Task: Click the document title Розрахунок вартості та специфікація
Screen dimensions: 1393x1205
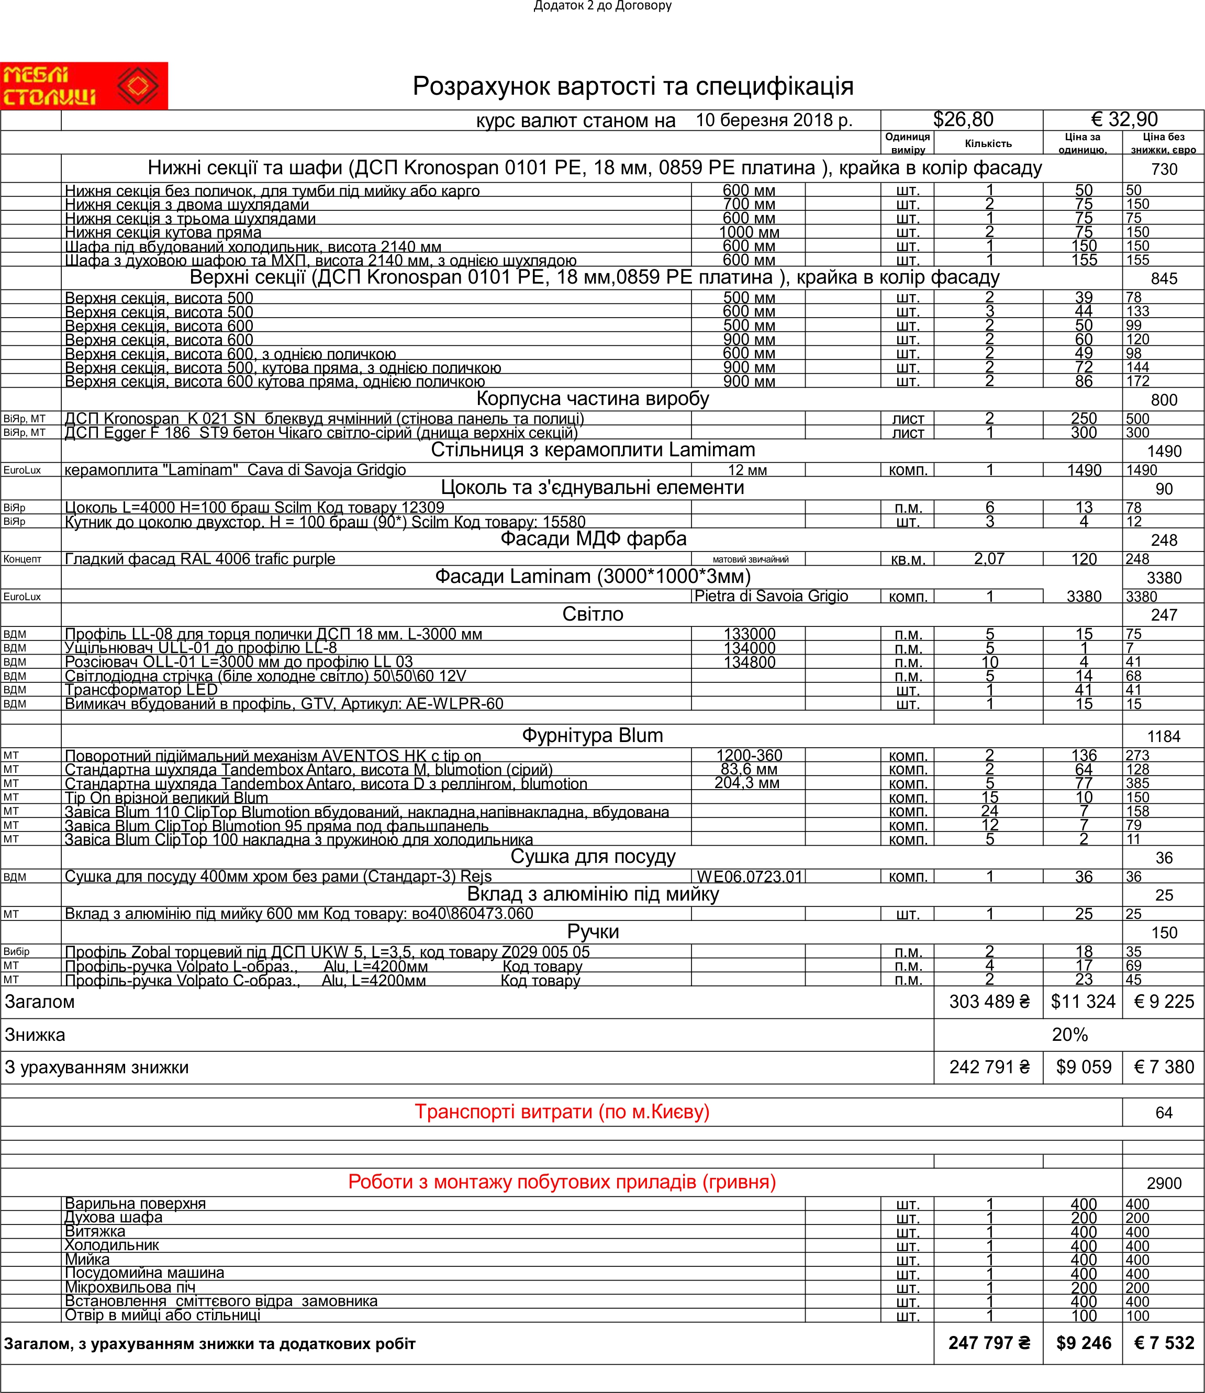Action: click(x=633, y=86)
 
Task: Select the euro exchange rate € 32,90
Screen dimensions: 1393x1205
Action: click(x=1124, y=120)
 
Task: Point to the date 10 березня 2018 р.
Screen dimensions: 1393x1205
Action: click(x=773, y=120)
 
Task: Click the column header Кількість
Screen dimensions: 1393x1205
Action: click(x=988, y=143)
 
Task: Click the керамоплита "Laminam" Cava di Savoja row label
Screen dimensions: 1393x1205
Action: click(x=236, y=470)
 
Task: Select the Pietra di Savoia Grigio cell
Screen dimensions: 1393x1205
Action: click(x=771, y=597)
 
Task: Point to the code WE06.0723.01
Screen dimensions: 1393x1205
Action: click(x=749, y=877)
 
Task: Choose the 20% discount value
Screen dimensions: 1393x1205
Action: click(x=1069, y=1035)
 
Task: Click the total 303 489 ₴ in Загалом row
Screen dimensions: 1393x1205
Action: click(x=988, y=1002)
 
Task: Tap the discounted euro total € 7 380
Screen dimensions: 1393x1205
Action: click(x=1163, y=1067)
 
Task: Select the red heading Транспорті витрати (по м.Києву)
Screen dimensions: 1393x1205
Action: click(x=562, y=1112)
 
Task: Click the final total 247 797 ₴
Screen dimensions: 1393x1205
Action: click(x=988, y=1343)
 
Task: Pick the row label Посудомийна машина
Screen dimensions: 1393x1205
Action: click(x=144, y=1273)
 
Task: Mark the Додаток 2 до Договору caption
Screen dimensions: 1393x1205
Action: click(x=603, y=6)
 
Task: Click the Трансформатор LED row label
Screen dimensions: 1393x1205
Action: click(x=141, y=690)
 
